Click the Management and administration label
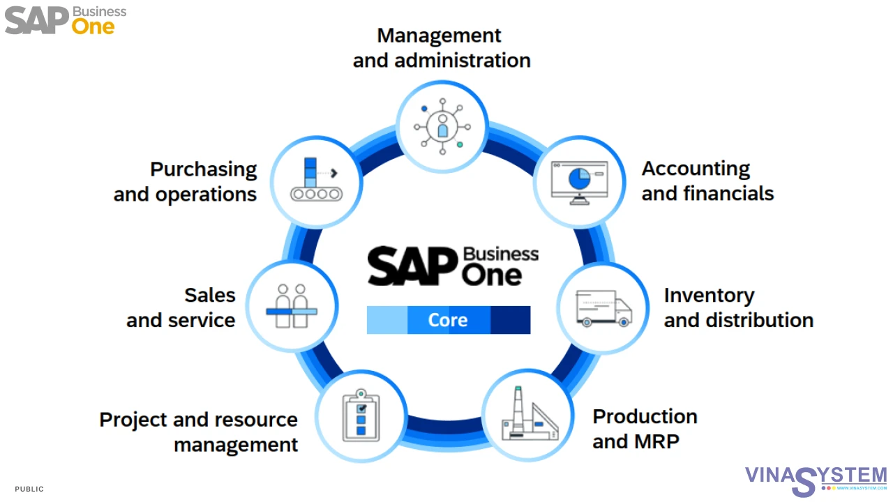coord(441,48)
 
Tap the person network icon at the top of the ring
coord(442,126)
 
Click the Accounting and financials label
coord(707,181)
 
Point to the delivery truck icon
coord(603,307)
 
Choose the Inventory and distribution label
coord(738,307)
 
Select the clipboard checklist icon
coord(361,416)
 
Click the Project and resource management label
coord(199,432)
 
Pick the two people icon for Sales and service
coord(292,307)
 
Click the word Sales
coord(210,295)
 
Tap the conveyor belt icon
coord(316,181)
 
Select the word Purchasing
coord(204,169)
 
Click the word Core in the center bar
coord(448,320)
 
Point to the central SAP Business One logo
coord(453,266)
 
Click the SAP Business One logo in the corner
coord(66,20)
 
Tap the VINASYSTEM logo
coord(815,478)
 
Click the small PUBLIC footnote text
coord(29,489)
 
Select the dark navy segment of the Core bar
coord(510,320)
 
